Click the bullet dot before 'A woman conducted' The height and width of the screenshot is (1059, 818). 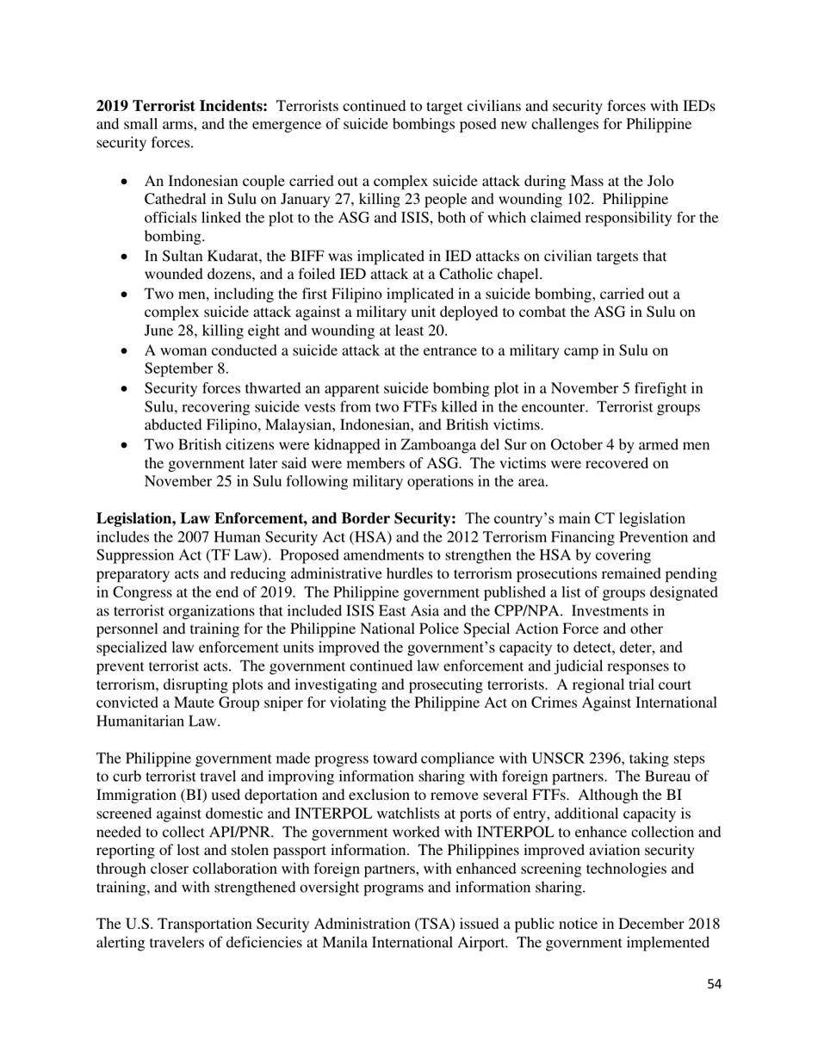tap(127, 351)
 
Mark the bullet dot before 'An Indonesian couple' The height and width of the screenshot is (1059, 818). tap(127, 182)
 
